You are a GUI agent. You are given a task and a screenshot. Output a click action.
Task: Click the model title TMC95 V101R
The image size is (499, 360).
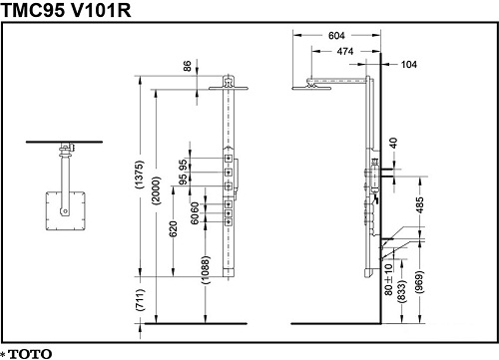pyautogui.click(x=66, y=10)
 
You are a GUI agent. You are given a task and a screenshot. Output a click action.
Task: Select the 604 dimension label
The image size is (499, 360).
pyautogui.click(x=336, y=36)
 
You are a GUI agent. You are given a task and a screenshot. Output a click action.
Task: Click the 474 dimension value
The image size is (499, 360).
pyautogui.click(x=345, y=52)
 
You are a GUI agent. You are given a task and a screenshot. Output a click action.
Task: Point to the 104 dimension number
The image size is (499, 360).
pyautogui.click(x=409, y=65)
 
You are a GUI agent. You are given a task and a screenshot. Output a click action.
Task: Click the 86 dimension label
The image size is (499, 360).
pyautogui.click(x=188, y=66)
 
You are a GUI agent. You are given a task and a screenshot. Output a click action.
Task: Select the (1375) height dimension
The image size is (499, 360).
pyautogui.click(x=140, y=175)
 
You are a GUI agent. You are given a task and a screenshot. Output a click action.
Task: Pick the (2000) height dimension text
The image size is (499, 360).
pyautogui.click(x=156, y=190)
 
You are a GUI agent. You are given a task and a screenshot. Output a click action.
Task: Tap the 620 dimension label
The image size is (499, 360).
pyautogui.click(x=173, y=229)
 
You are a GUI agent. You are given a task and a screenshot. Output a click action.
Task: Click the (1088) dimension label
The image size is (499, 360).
pyautogui.click(x=206, y=269)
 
